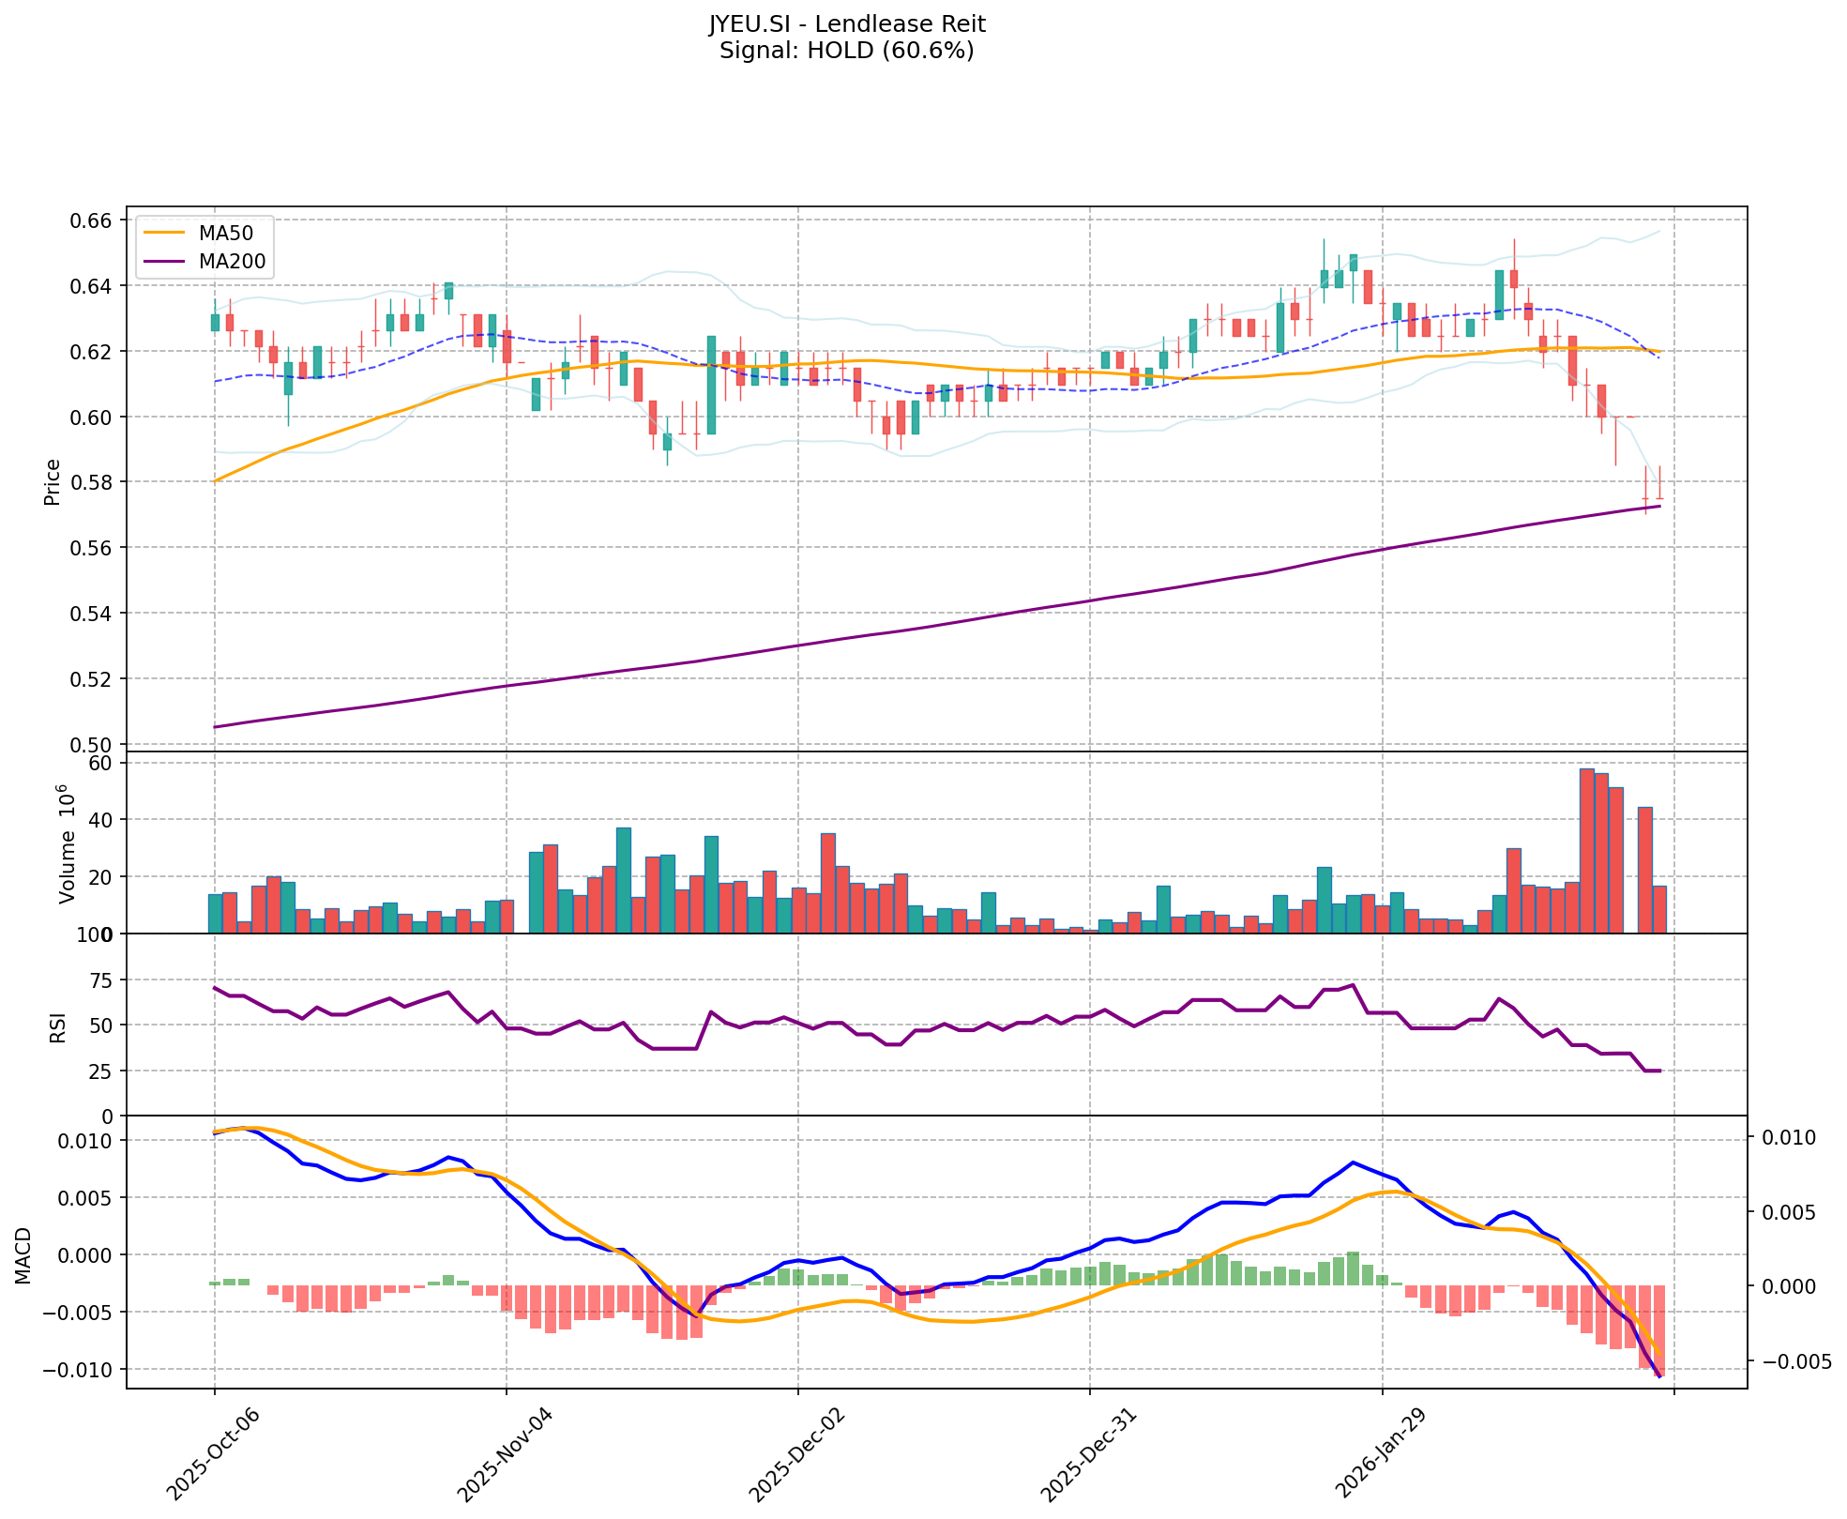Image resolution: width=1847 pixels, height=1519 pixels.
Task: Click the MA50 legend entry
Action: pos(225,233)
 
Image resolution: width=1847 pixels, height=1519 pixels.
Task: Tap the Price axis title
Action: pos(53,481)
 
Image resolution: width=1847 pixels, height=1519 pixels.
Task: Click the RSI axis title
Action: pos(58,1026)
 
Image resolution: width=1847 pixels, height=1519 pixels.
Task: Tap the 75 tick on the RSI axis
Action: pos(99,980)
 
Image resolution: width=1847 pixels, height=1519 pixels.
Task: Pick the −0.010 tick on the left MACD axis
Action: pos(81,1370)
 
